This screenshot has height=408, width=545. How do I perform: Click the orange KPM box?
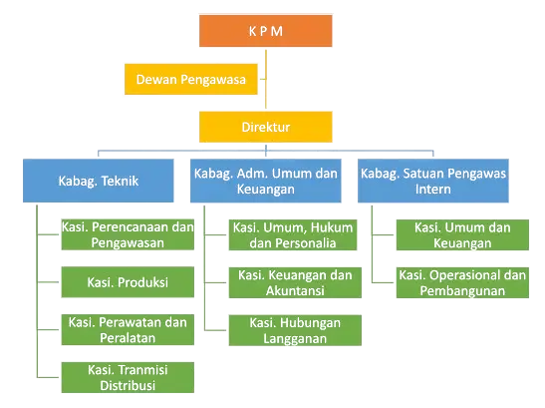[266, 31]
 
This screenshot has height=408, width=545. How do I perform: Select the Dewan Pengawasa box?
[191, 79]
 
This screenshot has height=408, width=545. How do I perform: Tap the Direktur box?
[266, 127]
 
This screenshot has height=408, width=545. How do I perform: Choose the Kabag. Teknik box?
[99, 181]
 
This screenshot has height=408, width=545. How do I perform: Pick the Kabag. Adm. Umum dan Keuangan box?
[266, 181]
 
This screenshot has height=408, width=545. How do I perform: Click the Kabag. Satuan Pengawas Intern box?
[433, 181]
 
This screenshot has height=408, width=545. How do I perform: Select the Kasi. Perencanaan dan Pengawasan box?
[128, 234]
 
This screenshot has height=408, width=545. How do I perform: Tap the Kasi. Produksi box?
[128, 282]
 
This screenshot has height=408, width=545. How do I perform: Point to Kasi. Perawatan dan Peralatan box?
[128, 329]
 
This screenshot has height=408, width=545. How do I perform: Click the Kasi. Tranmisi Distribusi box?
[128, 377]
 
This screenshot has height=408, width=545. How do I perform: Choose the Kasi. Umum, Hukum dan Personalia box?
[293, 234]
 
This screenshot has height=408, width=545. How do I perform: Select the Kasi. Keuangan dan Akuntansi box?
[295, 282]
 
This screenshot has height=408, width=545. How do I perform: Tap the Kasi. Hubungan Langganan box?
[295, 330]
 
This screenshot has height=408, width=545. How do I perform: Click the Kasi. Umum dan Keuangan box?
[462, 234]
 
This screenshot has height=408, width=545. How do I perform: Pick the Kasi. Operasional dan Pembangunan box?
[462, 282]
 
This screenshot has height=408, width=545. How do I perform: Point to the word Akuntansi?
[295, 290]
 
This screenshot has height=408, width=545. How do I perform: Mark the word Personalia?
[310, 243]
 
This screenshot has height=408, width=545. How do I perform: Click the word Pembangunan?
[462, 290]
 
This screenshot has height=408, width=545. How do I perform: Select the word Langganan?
[295, 339]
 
